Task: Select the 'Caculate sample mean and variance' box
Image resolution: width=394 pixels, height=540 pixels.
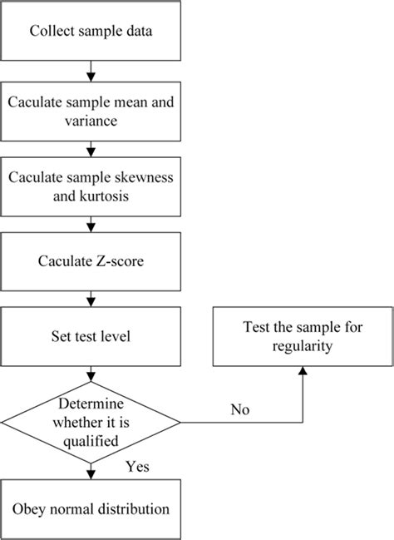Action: [x=89, y=110]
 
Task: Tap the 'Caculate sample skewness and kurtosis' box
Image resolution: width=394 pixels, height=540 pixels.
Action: [x=89, y=187]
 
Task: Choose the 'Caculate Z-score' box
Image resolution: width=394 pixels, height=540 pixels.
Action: [x=89, y=262]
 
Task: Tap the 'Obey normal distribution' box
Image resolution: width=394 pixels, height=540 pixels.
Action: [x=89, y=508]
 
